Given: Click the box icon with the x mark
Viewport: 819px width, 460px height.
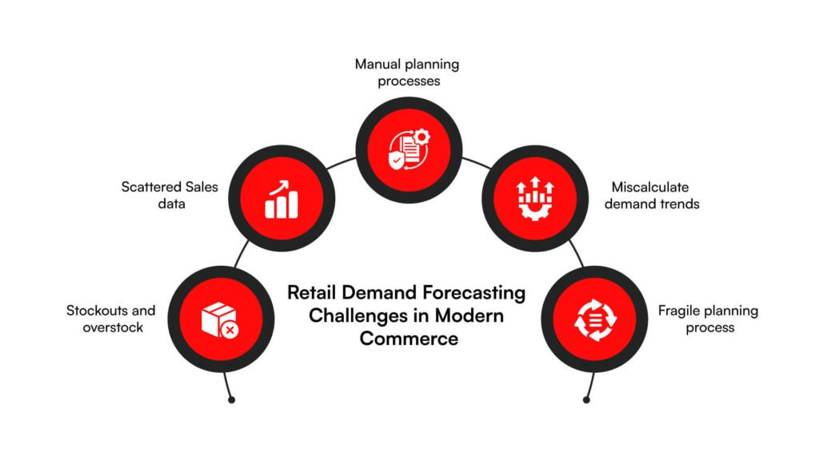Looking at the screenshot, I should (218, 319).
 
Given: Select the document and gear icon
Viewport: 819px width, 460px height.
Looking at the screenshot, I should (409, 149).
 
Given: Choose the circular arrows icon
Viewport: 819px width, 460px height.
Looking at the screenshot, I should (594, 319).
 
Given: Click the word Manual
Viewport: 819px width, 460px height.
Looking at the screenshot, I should (378, 64).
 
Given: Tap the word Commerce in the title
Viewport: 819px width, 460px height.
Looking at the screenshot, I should (409, 338).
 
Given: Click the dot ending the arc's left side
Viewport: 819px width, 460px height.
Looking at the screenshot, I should (231, 399).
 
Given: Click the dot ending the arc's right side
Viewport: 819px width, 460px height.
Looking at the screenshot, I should (586, 399).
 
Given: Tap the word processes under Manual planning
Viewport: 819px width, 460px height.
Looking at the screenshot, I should (409, 81).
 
